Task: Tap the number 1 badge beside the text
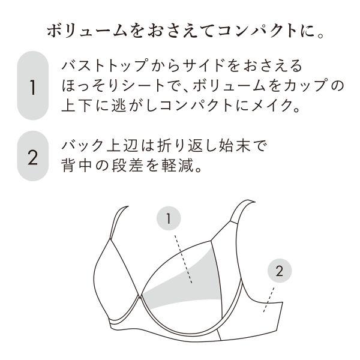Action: click(x=32, y=86)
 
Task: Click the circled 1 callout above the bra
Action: click(x=169, y=219)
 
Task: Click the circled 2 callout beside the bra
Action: click(x=279, y=271)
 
